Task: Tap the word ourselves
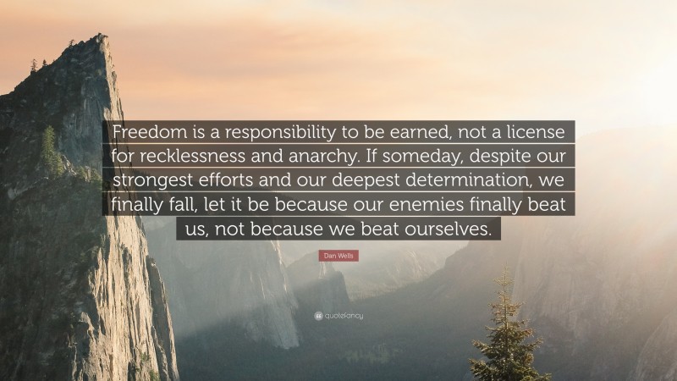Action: coord(450,228)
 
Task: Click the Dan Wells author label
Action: coord(338,255)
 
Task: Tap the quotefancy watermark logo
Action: coord(338,315)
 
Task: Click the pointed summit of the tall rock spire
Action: coord(102,38)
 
